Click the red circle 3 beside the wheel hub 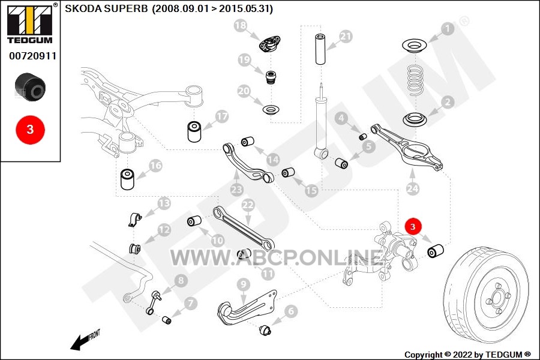point(413,226)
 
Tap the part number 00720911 point(32,56)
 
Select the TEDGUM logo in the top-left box point(30,23)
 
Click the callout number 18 point(241,25)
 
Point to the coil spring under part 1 point(415,80)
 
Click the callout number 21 point(346,37)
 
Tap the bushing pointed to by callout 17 point(194,131)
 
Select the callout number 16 point(155,166)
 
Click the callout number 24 point(413,188)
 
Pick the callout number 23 point(237,189)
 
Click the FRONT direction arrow point(80,341)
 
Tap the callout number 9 point(244,284)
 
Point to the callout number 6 point(291,311)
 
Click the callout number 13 point(164,203)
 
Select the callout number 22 point(248,205)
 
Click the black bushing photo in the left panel point(30,87)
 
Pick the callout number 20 point(244,91)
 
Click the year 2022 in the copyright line point(463,355)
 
